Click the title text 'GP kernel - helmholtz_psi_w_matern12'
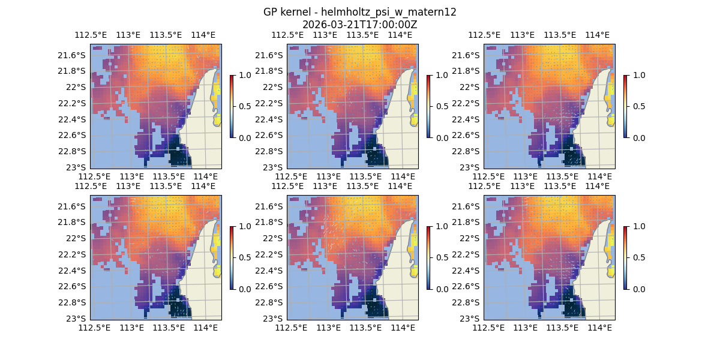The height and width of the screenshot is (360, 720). click(360, 12)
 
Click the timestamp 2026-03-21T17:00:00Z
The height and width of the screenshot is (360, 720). click(360, 25)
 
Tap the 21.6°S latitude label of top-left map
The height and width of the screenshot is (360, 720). click(75, 55)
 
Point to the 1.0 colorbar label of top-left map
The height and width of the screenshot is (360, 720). click(243, 75)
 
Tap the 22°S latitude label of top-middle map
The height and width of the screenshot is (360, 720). click(275, 87)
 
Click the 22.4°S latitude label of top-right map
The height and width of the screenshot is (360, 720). click(469, 119)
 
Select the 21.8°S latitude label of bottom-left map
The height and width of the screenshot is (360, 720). click(75, 222)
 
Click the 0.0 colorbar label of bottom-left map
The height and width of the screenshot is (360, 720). click(243, 289)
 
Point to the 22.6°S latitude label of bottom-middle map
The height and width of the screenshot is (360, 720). click(272, 286)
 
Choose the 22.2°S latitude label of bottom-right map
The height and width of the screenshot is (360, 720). click(469, 254)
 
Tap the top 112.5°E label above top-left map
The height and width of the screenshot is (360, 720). click(90, 35)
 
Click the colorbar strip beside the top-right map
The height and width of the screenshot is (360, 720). click(625, 106)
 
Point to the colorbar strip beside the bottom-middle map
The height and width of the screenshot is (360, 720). click(428, 257)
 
